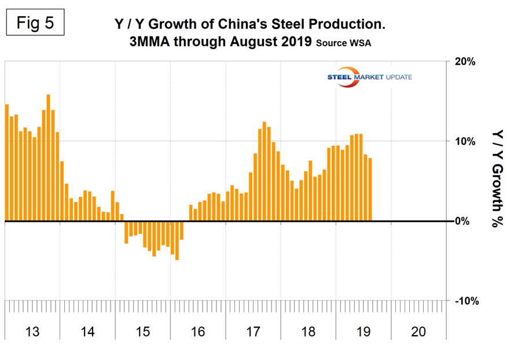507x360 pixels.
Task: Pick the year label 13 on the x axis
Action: pos(32,332)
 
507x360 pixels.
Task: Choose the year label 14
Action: pos(87,332)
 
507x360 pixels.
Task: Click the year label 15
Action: pos(142,332)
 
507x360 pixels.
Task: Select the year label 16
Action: pos(197,332)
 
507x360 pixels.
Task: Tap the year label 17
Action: pos(253,332)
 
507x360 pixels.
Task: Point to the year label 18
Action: pos(308,332)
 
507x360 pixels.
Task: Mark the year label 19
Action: pos(363,332)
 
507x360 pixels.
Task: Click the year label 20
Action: pos(418,332)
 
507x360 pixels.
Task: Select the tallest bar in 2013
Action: pos(48,157)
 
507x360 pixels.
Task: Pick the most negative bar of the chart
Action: pos(177,240)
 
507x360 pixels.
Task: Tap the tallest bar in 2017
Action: pos(264,171)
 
